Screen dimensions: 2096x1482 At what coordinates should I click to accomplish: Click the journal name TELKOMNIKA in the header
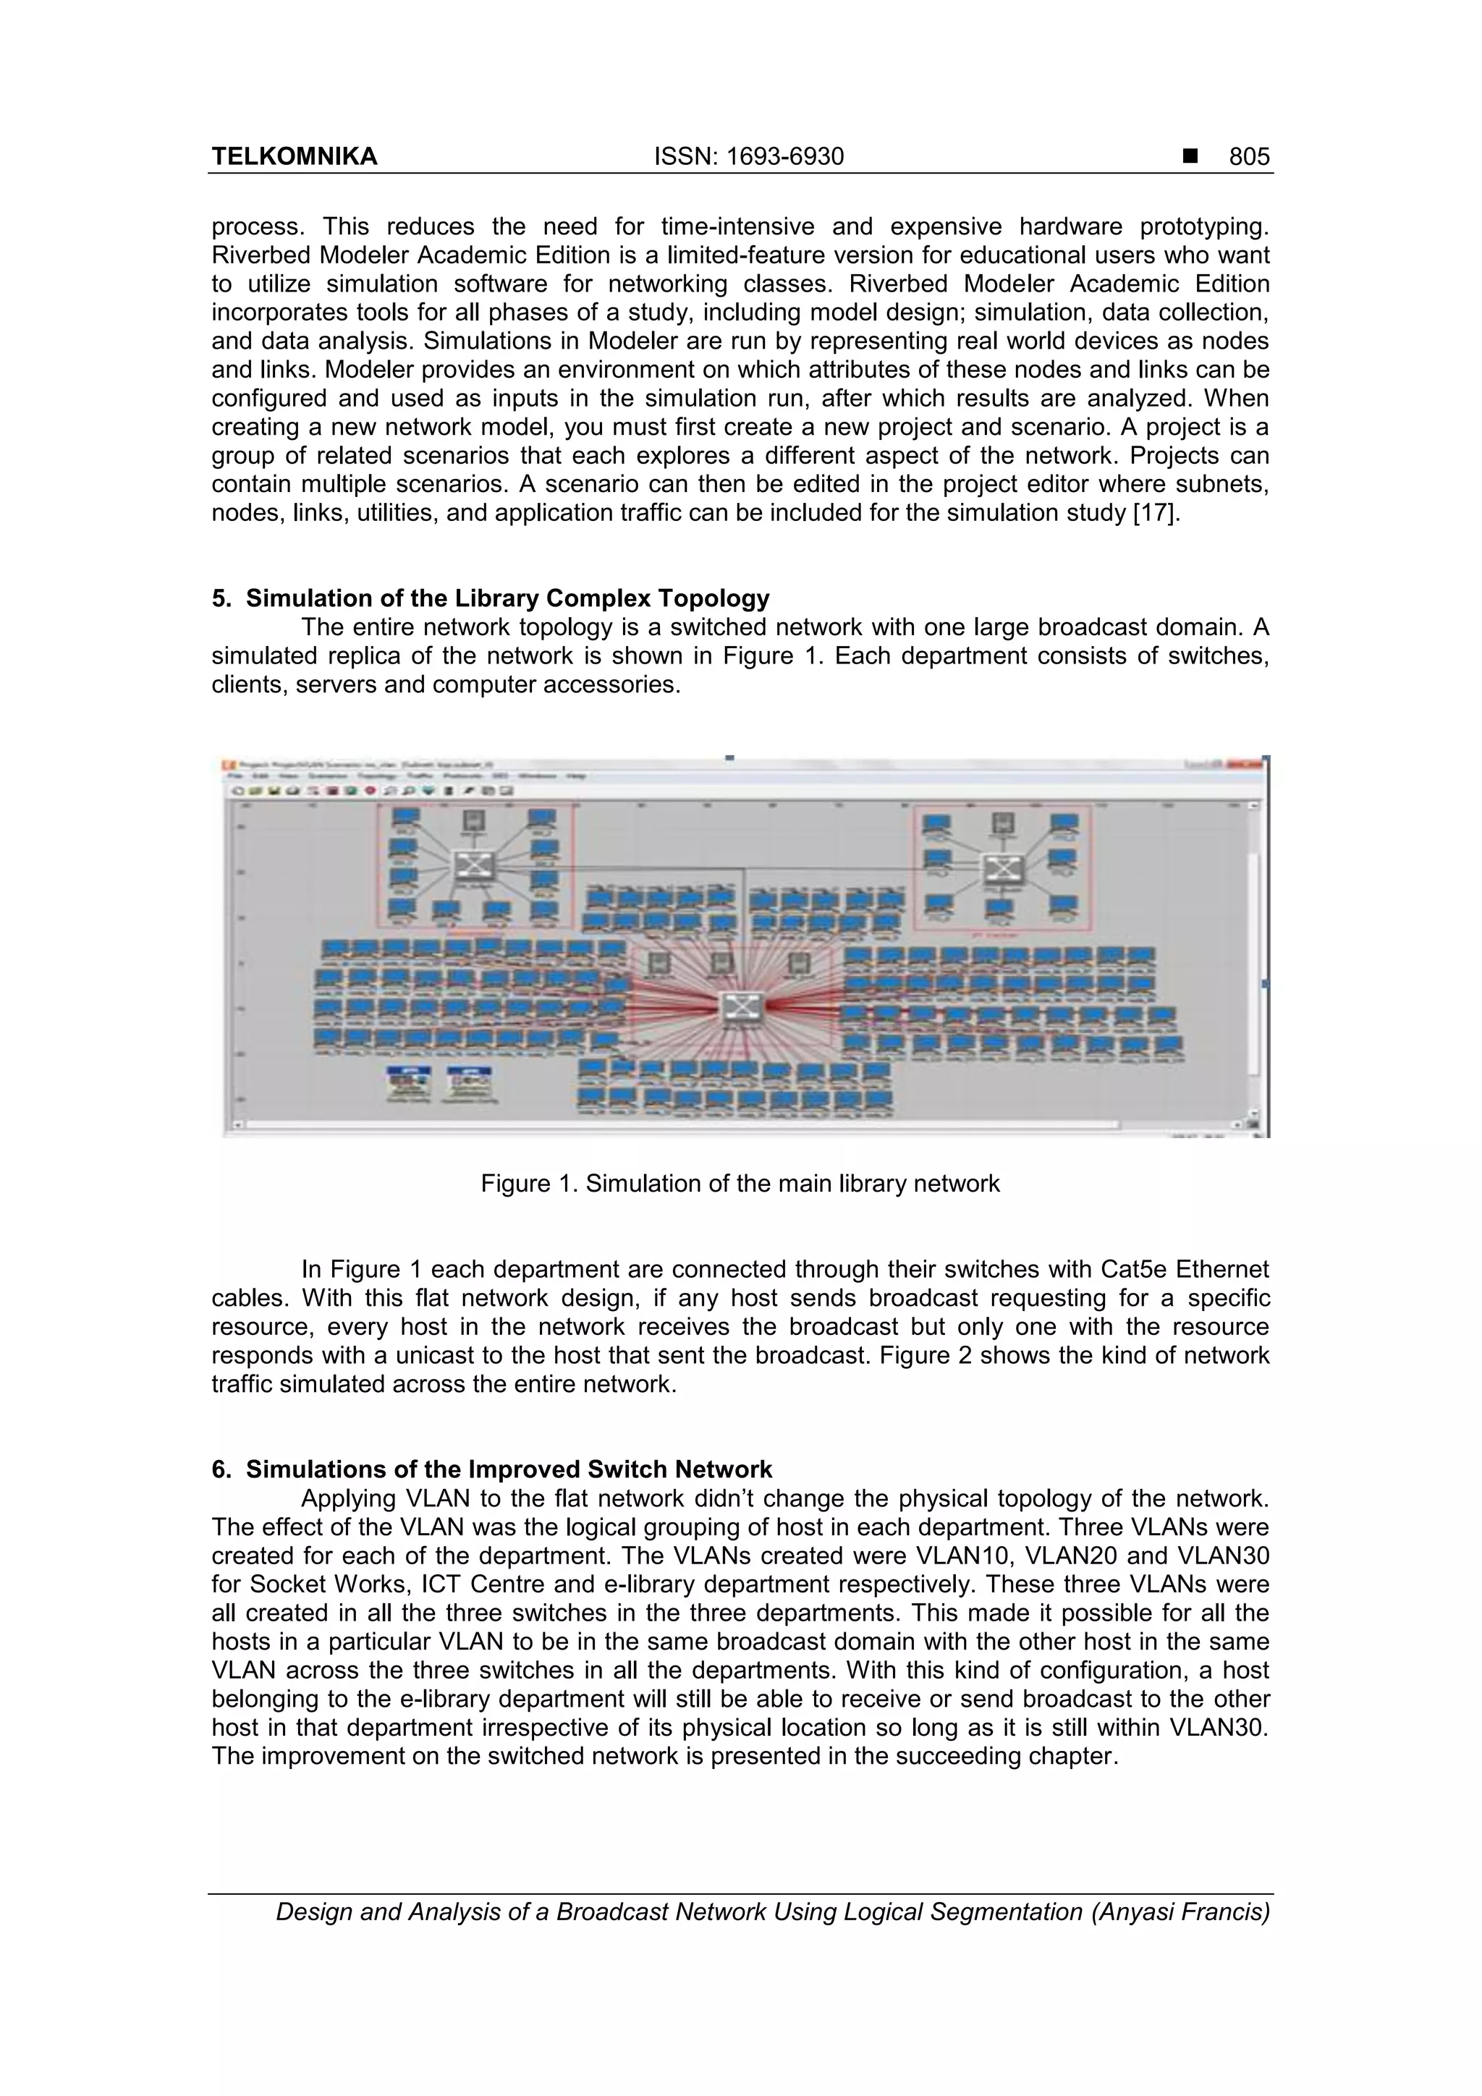[294, 157]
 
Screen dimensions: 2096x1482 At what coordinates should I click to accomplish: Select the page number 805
[1248, 157]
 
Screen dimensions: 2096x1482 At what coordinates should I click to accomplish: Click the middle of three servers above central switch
[721, 964]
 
